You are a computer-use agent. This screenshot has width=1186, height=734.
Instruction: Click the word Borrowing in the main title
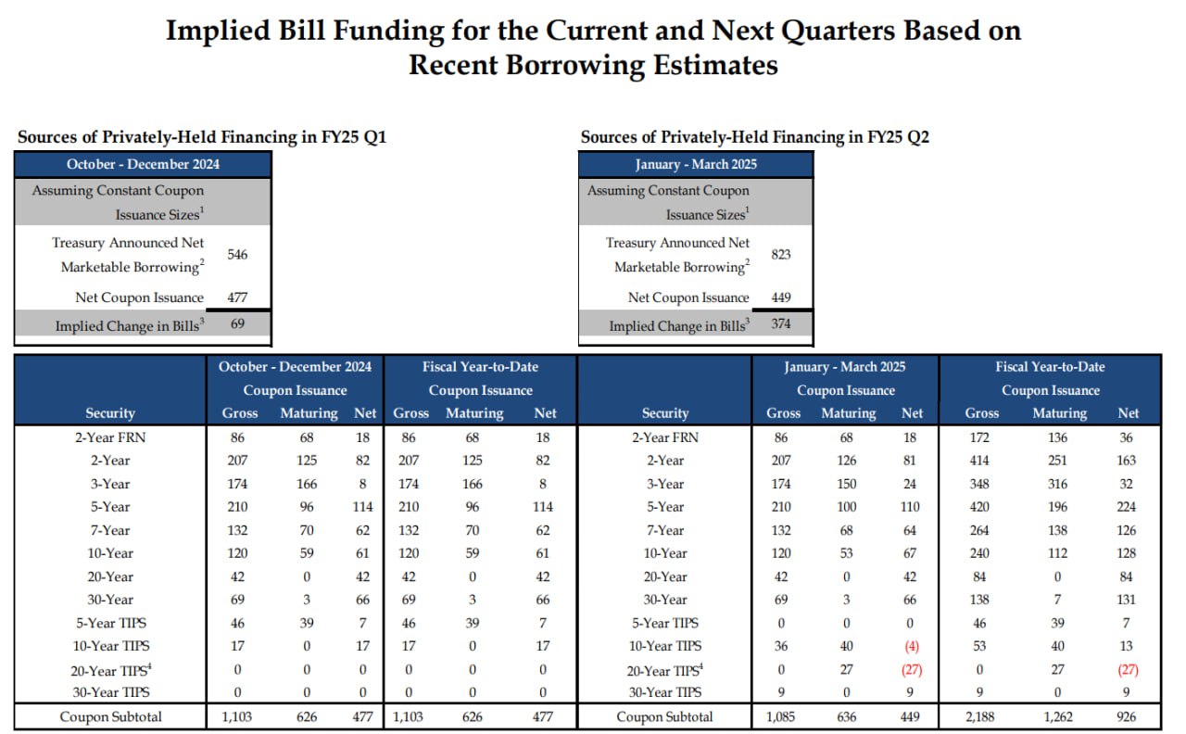point(576,65)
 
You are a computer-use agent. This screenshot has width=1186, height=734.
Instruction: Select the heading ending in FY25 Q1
point(202,136)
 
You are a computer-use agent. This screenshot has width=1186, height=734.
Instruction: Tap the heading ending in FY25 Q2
point(754,136)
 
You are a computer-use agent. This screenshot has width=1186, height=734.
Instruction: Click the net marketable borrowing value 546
point(237,254)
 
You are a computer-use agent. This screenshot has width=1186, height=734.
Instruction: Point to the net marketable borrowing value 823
point(781,254)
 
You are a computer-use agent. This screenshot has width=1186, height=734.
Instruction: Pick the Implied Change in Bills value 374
point(781,323)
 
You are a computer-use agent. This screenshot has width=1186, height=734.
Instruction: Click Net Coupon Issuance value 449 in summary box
point(781,297)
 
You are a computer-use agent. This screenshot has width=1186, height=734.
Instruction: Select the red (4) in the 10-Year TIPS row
point(911,646)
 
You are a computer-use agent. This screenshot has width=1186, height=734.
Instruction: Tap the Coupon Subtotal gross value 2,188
point(979,716)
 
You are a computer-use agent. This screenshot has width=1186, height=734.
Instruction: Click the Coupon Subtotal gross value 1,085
point(780,716)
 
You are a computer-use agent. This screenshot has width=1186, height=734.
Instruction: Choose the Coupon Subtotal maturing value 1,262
point(1058,716)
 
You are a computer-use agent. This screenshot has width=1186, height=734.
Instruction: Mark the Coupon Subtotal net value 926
point(1126,716)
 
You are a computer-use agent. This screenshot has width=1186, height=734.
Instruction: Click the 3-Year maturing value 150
point(847,484)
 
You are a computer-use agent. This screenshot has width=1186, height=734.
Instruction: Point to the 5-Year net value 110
point(910,507)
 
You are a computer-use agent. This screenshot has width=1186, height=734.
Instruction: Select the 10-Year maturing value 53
point(847,553)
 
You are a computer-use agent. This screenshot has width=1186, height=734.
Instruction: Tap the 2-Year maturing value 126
point(847,461)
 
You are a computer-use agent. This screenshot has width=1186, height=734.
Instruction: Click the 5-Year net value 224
point(1126,507)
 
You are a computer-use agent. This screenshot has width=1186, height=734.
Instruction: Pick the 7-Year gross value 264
point(979,530)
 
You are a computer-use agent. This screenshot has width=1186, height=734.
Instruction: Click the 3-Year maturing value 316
point(1058,484)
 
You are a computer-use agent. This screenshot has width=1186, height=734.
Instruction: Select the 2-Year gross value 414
point(979,461)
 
